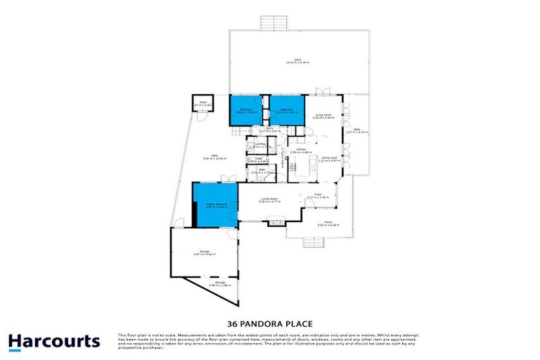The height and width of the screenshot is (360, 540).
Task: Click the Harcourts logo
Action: coord(54,342)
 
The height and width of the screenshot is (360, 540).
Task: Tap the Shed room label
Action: coord(202,103)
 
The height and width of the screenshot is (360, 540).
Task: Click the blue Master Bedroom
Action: coord(215,205)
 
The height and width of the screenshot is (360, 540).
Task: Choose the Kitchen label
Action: coord(300,150)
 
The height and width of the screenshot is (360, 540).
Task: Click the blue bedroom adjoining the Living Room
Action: coord(286,110)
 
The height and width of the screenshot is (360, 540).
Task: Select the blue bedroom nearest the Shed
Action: coord(246,110)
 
